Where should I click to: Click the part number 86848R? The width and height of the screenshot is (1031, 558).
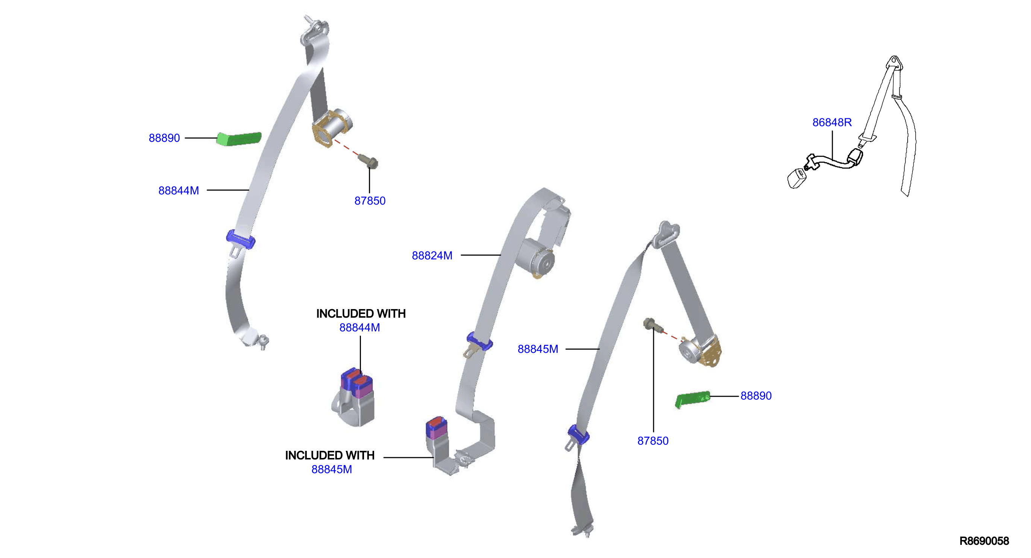832,123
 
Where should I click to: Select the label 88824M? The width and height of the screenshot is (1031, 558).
432,255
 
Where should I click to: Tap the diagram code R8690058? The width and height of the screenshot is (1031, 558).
984,541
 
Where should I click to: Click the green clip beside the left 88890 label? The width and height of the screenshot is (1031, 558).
239,139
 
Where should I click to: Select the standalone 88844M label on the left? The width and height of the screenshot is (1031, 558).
179,191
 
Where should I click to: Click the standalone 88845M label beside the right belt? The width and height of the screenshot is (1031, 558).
538,349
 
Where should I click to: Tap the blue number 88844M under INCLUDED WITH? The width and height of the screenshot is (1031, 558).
359,328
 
